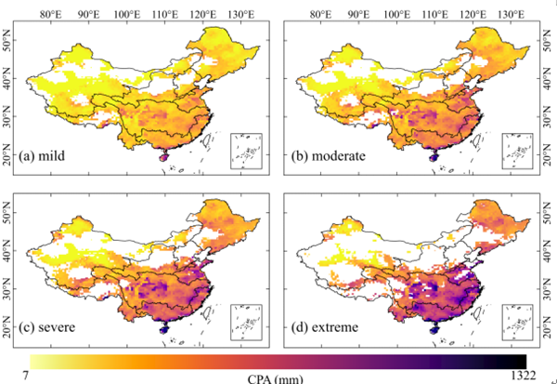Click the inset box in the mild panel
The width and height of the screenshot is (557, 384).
[x=245, y=152]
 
